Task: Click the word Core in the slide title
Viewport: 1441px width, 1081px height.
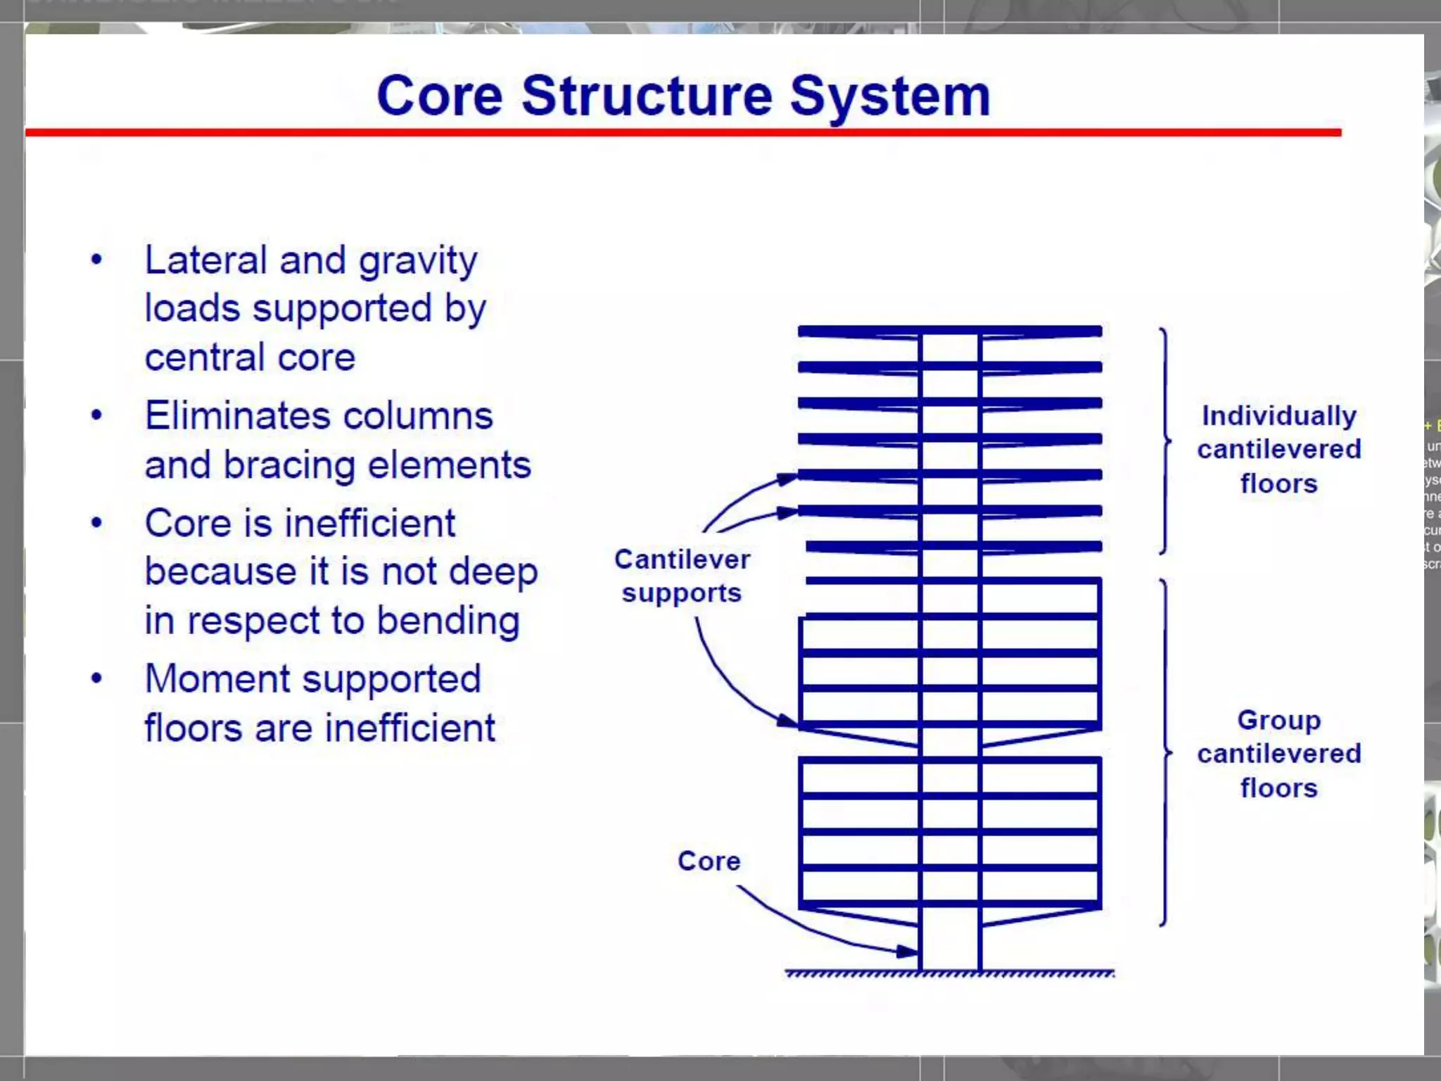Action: (440, 96)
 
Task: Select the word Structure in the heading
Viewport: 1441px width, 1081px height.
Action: (647, 96)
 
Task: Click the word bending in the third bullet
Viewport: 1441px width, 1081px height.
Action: (448, 621)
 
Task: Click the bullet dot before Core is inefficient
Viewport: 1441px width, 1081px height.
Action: (97, 523)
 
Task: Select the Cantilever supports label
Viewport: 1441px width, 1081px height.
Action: (682, 576)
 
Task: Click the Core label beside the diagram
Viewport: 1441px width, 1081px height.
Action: (709, 861)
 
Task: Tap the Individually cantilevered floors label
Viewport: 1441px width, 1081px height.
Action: (1278, 449)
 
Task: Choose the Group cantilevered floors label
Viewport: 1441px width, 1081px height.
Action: (1278, 754)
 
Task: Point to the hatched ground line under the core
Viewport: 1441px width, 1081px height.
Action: (950, 974)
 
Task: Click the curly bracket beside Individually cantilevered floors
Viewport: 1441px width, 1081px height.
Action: (1165, 441)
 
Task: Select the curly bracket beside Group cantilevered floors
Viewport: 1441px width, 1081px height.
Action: (1165, 752)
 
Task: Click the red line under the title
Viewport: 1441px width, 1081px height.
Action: (683, 132)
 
